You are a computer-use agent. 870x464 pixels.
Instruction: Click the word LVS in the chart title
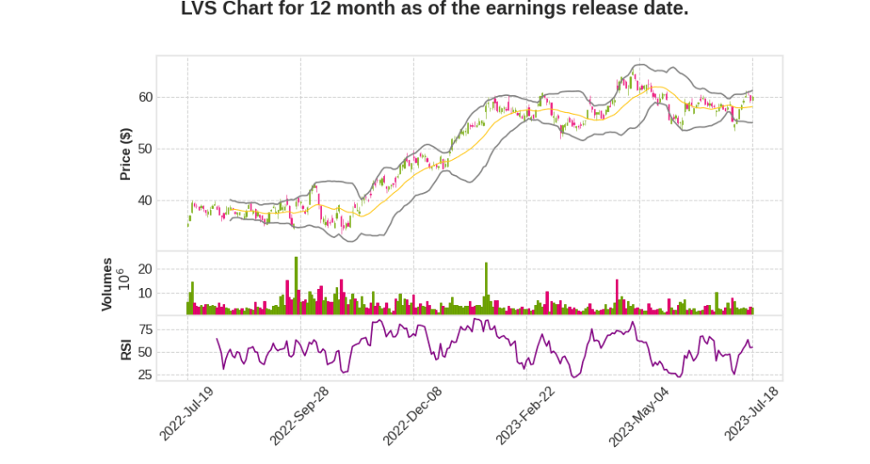coord(201,10)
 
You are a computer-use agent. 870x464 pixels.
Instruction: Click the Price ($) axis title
coord(126,154)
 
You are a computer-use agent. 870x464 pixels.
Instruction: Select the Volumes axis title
coord(107,284)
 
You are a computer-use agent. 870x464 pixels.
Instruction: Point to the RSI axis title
coord(126,349)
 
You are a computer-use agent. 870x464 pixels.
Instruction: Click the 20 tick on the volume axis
coord(144,269)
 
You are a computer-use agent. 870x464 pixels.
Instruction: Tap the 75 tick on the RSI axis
coord(144,329)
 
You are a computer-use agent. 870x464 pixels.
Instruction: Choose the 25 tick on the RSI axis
coord(144,375)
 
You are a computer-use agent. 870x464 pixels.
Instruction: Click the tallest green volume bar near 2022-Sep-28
coord(296,286)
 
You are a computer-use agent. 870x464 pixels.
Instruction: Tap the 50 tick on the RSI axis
coord(144,352)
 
